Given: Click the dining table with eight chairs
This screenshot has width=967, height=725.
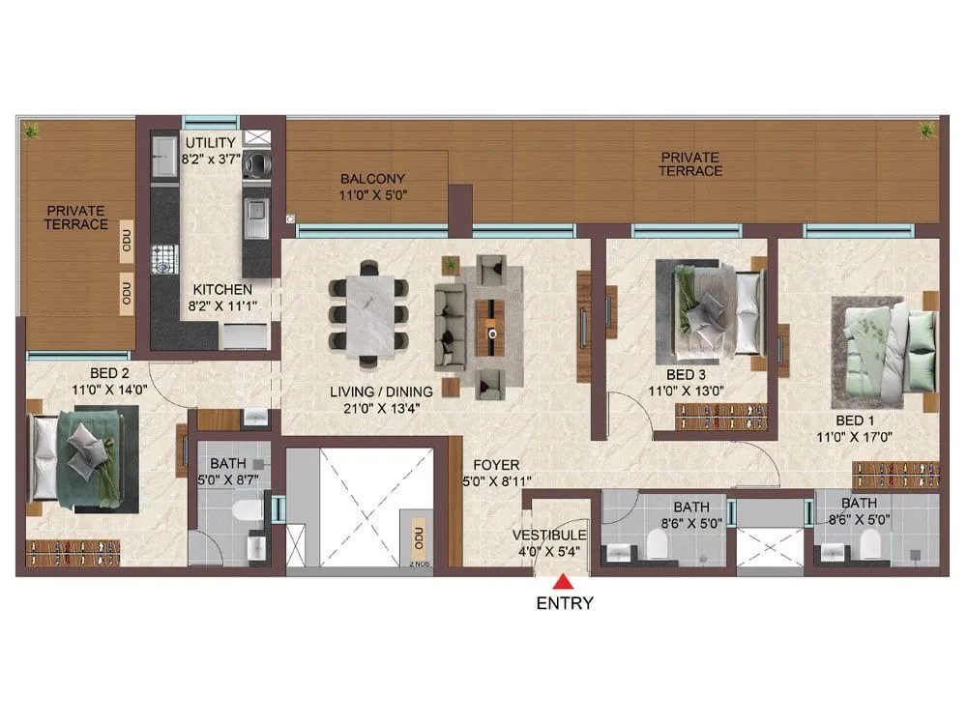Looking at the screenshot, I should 367,313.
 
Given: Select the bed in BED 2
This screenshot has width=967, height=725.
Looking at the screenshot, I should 84,457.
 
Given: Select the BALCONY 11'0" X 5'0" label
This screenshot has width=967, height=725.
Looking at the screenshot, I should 372,187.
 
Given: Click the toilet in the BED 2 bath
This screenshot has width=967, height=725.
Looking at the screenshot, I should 249,510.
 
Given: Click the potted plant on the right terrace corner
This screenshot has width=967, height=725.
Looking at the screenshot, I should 926,128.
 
